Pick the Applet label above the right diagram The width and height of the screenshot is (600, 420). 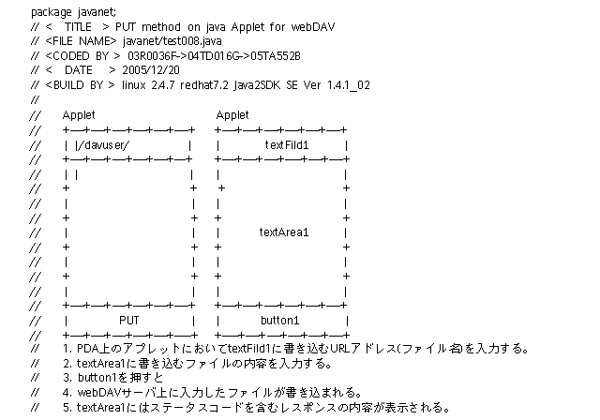pos(232,114)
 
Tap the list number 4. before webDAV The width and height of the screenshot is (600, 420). pos(67,392)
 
